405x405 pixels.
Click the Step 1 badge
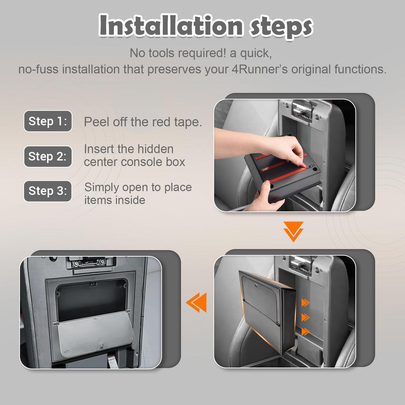coord(48,121)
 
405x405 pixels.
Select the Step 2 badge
coord(48,156)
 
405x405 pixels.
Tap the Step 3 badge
coord(48,191)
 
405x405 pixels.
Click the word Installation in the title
coord(171,25)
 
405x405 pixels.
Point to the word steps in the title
coord(281,27)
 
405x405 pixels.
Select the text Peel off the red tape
coord(143,122)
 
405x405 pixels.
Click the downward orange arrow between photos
coord(293,231)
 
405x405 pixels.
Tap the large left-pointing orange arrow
coord(196,303)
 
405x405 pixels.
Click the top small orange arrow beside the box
coord(305,303)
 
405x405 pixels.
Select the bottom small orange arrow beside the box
coord(305,332)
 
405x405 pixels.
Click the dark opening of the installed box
coord(92,300)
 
